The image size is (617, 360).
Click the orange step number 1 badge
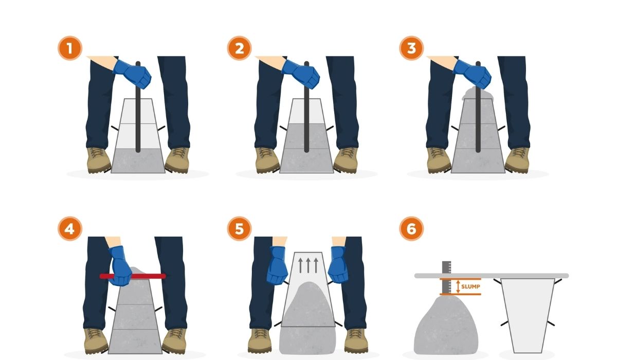pos(70,48)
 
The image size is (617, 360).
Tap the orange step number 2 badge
pos(240,48)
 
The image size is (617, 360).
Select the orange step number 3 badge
pos(411,48)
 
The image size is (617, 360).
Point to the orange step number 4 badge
pos(70,229)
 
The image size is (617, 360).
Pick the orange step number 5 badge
pos(240,229)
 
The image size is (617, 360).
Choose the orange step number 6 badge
pos(411,229)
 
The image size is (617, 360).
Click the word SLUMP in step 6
pos(470,286)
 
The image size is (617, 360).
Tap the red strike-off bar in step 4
pos(133,276)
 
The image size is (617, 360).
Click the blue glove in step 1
pos(132,74)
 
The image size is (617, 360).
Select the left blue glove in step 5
pos(277,265)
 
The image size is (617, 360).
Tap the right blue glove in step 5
pos(338,264)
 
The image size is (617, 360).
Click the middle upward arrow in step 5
pos(308,265)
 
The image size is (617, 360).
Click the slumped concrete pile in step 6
pos(446,325)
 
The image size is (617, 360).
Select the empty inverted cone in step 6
pos(528,315)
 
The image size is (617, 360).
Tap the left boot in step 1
pos(99,160)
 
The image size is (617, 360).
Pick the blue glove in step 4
pos(120,266)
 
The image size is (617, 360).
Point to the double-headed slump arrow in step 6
pos(458,286)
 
